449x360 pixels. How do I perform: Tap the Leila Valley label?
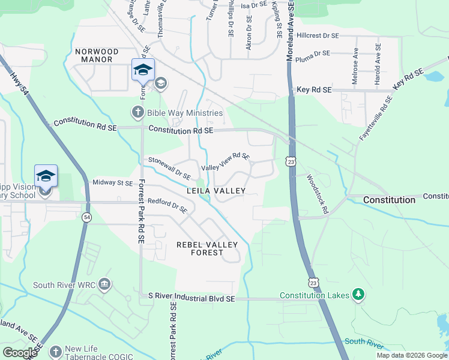(216, 191)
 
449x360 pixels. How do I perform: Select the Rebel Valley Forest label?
(207, 248)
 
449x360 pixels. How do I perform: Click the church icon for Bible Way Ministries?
(137, 112)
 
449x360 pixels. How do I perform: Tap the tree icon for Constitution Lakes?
(358, 295)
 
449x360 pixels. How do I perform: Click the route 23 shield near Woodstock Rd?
(291, 162)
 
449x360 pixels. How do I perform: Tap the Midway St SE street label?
(112, 182)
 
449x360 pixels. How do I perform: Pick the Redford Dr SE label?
(168, 207)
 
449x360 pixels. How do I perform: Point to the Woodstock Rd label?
(317, 194)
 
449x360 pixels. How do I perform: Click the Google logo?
(20, 353)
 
